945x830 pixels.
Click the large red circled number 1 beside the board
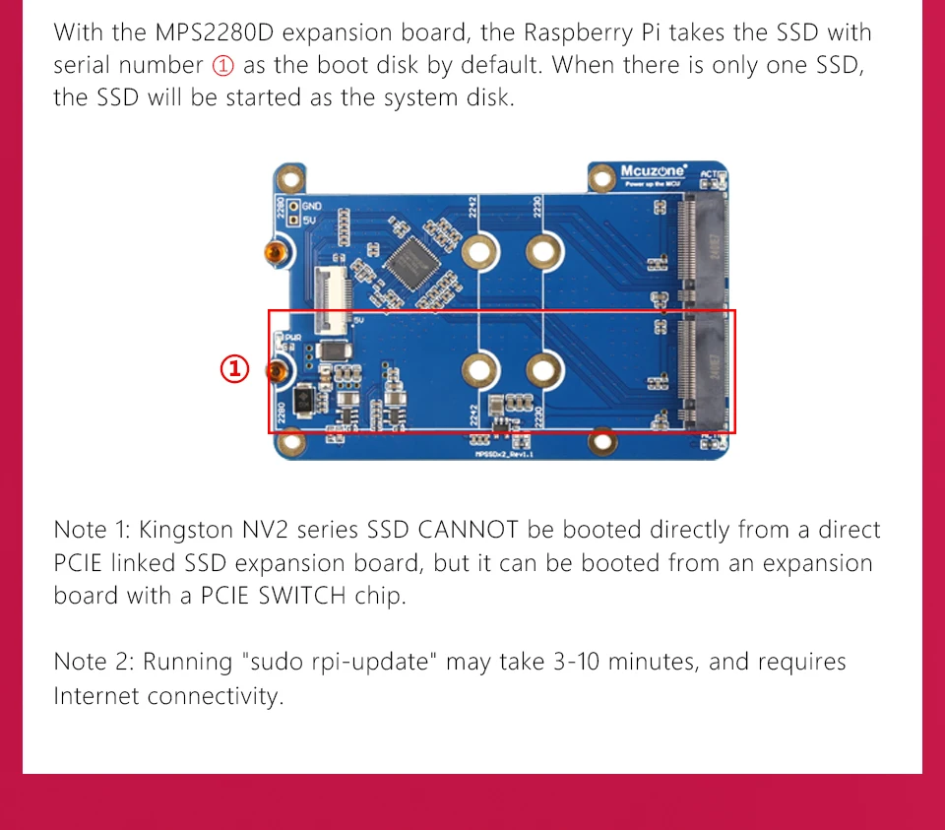coord(234,369)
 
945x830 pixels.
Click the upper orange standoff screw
coord(277,253)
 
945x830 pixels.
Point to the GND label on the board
coord(313,206)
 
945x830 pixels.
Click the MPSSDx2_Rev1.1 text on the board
coord(503,453)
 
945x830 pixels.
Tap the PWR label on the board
coord(292,336)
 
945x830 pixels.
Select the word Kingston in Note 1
coord(186,530)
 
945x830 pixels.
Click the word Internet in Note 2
coord(96,695)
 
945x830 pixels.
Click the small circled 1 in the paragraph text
coord(223,66)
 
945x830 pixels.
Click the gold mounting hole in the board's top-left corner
coord(289,179)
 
